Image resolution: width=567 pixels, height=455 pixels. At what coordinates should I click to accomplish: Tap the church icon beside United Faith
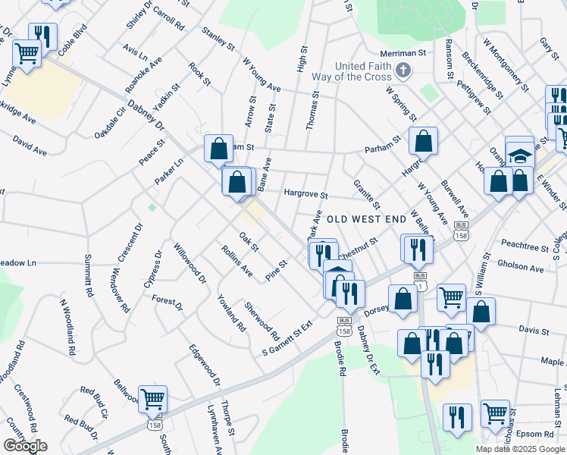click(403, 72)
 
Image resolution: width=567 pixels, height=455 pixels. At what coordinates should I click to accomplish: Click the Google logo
click(25, 446)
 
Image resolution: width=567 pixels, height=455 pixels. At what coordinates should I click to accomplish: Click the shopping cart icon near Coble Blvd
click(27, 54)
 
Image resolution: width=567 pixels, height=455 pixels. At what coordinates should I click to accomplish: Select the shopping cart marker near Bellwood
click(152, 398)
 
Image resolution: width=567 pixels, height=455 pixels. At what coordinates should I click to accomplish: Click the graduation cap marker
click(520, 155)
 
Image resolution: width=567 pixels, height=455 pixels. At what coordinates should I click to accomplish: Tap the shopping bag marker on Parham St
click(423, 140)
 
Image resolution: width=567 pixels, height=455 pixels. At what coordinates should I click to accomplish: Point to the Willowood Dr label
click(190, 263)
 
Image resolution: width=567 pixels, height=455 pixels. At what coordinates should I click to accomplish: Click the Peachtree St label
click(525, 247)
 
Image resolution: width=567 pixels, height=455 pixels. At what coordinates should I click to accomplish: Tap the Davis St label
click(534, 331)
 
